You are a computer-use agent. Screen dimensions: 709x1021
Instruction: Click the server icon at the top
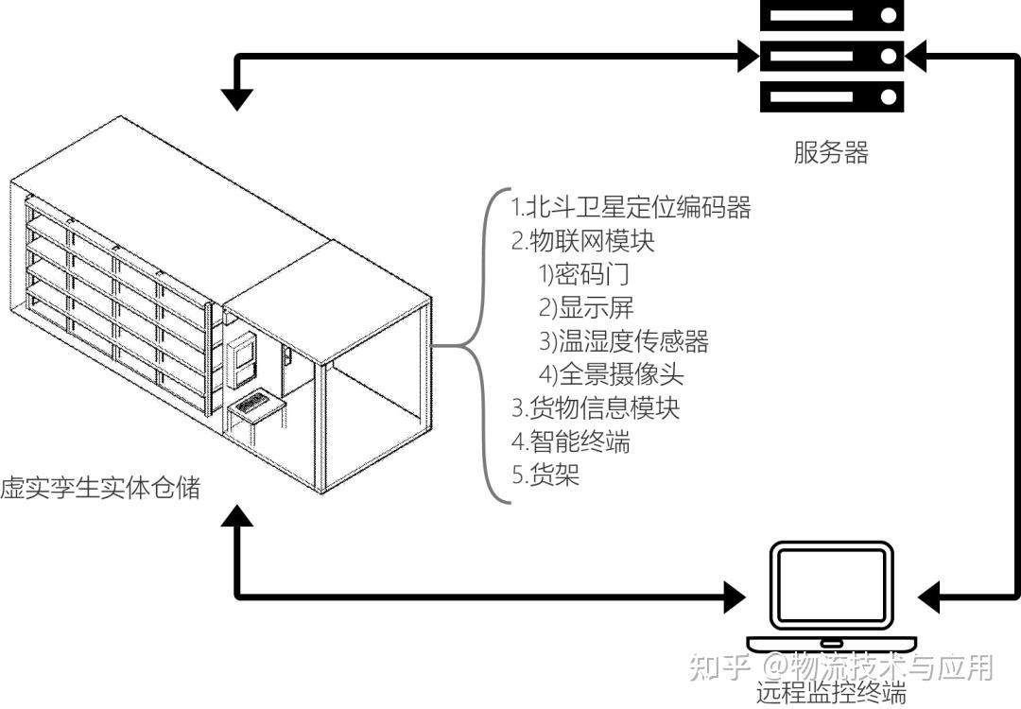point(831,56)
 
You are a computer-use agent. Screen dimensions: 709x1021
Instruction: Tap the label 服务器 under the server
point(831,153)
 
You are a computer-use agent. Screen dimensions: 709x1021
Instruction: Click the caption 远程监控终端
point(831,693)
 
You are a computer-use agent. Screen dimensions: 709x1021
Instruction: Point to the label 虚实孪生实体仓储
point(99,489)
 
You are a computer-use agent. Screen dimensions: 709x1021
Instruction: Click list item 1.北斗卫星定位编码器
point(632,207)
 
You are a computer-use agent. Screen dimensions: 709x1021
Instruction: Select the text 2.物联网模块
point(583,241)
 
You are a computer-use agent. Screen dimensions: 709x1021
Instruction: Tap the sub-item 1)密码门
point(583,275)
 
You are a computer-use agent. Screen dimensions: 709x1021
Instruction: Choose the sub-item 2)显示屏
point(586,308)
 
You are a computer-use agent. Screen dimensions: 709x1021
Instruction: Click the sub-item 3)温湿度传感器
point(624,341)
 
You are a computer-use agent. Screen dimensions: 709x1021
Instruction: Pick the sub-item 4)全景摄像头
point(611,374)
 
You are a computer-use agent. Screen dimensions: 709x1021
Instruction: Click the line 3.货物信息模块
point(596,408)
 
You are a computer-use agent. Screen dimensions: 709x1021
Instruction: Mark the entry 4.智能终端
point(571,441)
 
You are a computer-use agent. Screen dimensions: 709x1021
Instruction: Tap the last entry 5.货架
point(545,475)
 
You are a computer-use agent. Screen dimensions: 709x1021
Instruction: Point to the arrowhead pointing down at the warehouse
point(236,98)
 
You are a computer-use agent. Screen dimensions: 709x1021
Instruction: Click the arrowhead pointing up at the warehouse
point(236,516)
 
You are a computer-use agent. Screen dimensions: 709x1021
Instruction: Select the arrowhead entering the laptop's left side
point(734,597)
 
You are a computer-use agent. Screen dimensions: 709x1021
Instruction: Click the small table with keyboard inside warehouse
point(256,409)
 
